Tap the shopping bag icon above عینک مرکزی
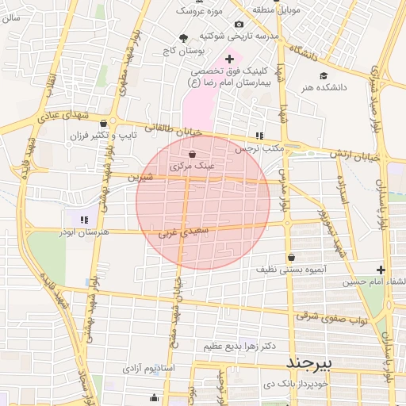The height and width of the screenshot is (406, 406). (193, 154)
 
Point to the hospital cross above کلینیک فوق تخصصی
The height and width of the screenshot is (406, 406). (230, 59)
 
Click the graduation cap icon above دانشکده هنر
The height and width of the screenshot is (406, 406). (323, 76)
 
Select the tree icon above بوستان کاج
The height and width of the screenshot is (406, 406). (184, 38)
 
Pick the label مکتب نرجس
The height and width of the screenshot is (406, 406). (257, 148)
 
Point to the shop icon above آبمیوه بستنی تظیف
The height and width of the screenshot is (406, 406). (292, 257)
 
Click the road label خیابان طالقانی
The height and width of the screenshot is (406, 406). (192, 131)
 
